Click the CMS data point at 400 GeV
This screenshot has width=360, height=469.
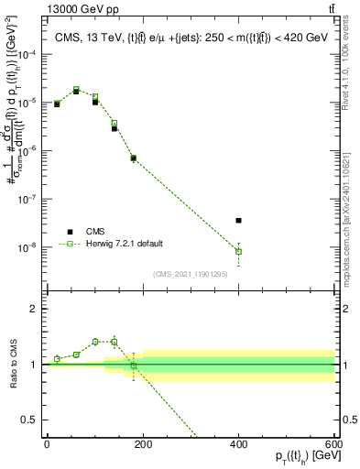pos(238,220)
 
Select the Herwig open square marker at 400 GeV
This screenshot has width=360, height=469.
pos(238,251)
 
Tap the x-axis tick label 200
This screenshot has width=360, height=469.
pos(142,442)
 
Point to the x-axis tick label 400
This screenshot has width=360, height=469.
pos(238,442)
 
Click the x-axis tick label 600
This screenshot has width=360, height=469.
pos(333,442)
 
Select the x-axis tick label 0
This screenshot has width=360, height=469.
pos(47,442)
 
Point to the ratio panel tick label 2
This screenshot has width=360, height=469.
pos(34,309)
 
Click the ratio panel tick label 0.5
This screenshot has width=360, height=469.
pos(30,420)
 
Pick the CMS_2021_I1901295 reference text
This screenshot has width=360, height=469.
pos(191,274)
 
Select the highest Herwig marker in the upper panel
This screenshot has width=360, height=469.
pos(76,90)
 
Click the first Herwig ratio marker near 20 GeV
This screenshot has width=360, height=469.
pos(57,359)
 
